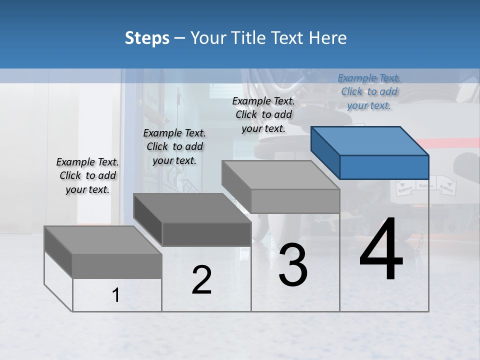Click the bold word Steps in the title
(147, 38)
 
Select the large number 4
(381, 250)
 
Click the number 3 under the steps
(293, 265)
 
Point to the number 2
(201, 280)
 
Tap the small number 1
(116, 295)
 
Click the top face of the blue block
(370, 140)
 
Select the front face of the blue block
(384, 167)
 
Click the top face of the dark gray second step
(192, 208)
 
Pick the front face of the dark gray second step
(206, 234)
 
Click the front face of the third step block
(295, 201)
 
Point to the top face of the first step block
(103, 240)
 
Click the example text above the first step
(87, 175)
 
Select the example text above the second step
(174, 146)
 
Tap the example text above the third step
(263, 114)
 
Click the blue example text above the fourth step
(369, 91)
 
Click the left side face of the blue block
(325, 152)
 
